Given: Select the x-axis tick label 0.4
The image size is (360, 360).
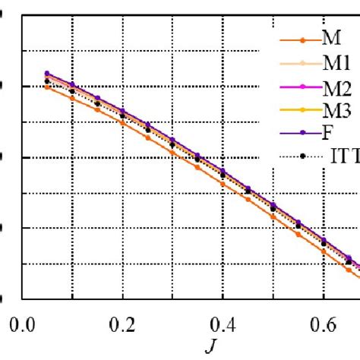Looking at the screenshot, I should pos(223,323).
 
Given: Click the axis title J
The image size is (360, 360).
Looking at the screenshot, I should pos(208,349).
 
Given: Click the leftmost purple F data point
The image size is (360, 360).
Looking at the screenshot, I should pos(47,73).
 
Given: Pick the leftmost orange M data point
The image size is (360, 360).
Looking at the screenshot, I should pos(47,87).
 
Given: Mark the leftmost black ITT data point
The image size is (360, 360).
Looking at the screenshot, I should pos(47,81).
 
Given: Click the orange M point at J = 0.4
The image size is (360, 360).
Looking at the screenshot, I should pos(223,184).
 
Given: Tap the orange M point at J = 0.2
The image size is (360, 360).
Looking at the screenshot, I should pos(122,122).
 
